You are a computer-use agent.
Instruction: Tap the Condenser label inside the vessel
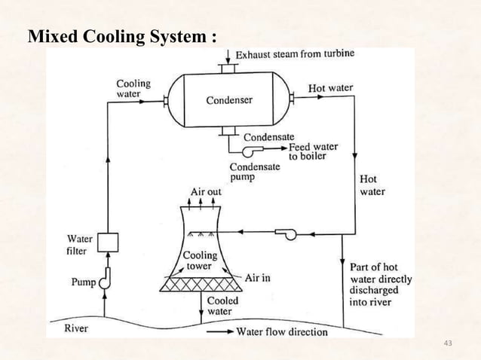(229, 99)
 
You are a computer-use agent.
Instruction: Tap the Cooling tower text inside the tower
(201, 261)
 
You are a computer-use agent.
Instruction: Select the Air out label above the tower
(206, 192)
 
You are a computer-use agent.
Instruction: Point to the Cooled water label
(222, 306)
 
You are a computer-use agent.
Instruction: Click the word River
(76, 328)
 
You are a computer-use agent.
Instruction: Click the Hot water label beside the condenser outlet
(330, 88)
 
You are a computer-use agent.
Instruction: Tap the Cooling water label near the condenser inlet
(133, 89)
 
